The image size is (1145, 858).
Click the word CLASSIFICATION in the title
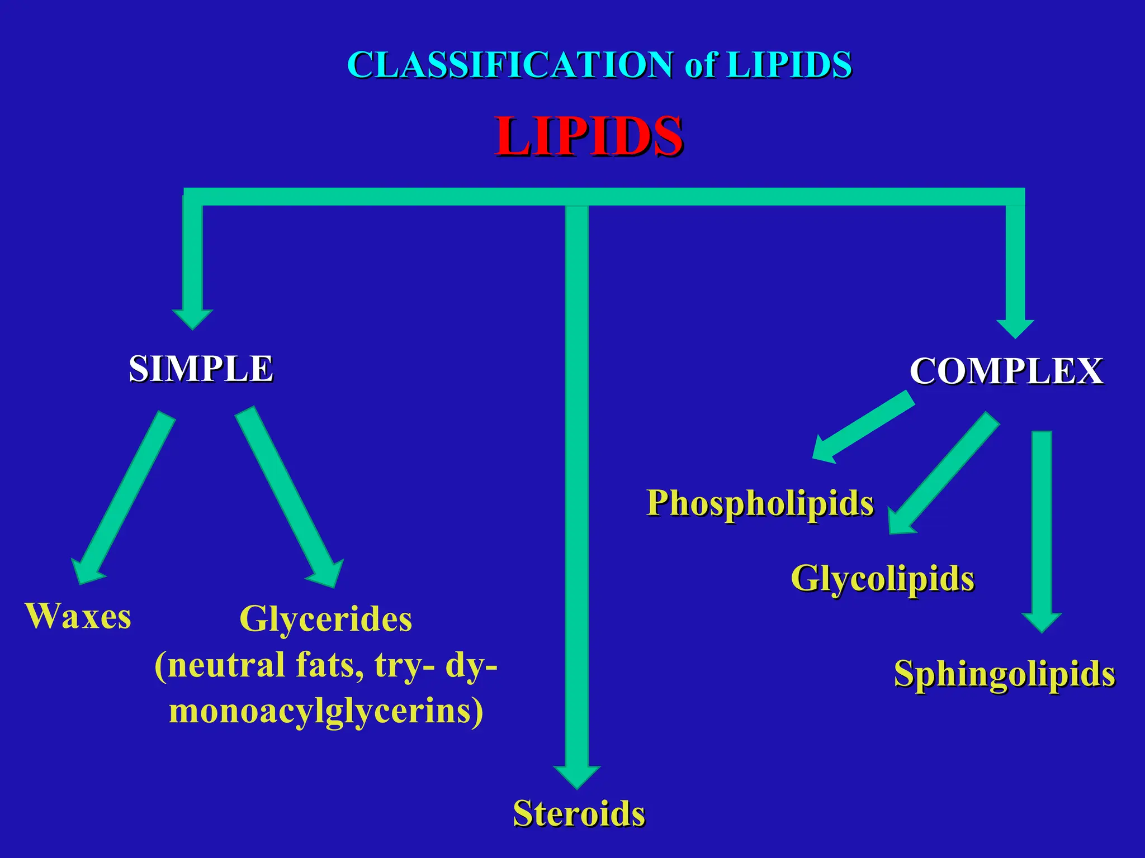coord(510,64)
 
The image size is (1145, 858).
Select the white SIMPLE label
coord(201,369)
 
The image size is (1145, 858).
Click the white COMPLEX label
coord(1006,371)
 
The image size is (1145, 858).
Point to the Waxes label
coord(78,616)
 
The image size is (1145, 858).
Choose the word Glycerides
coord(326,619)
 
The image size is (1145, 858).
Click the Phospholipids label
coord(760,503)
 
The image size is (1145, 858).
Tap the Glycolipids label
coord(882,578)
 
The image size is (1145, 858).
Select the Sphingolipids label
coord(1005,674)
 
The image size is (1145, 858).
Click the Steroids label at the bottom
coord(579,813)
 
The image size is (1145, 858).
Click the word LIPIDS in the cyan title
coord(789,64)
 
